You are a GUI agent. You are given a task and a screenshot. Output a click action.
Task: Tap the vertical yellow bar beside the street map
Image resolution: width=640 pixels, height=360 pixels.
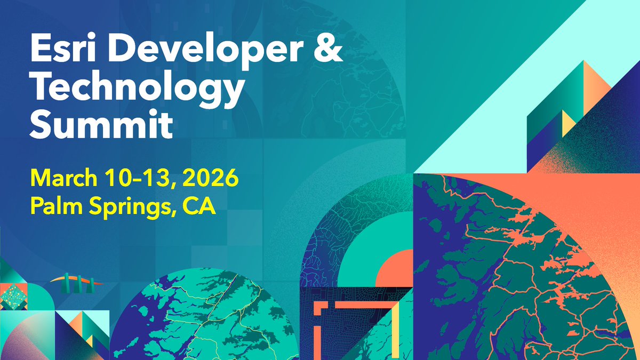point(395,331)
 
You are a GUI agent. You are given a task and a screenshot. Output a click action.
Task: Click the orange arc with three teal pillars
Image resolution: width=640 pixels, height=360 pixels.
point(75,282)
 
